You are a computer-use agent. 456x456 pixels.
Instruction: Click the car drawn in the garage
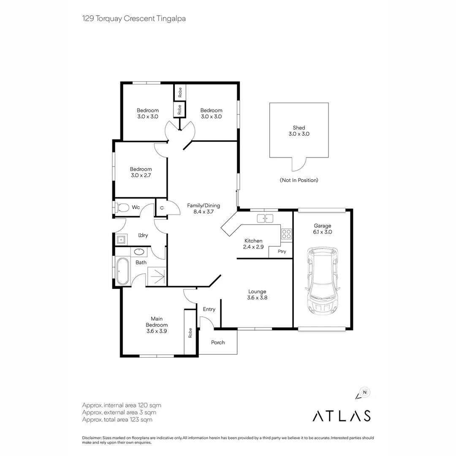323,281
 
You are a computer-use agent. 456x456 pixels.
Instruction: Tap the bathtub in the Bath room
123,271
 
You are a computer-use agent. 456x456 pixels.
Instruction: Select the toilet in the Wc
123,207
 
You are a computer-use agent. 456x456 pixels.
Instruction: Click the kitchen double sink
266,218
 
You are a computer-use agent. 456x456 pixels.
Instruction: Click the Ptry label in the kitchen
282,252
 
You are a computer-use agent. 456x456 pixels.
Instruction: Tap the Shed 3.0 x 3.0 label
299,130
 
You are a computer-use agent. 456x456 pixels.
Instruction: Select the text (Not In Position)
299,180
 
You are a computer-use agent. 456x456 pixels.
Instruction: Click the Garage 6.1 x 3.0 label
323,228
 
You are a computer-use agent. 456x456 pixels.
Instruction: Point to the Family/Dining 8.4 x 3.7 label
204,209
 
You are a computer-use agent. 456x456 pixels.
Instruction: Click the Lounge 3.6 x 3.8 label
257,294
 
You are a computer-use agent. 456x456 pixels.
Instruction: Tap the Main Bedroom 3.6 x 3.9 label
157,325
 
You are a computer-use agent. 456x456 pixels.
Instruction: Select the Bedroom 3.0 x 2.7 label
141,172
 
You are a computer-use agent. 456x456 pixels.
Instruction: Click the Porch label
218,342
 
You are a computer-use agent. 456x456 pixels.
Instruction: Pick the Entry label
209,309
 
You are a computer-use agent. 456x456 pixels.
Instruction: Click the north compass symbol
364,393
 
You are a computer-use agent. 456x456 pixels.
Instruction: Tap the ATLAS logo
341,415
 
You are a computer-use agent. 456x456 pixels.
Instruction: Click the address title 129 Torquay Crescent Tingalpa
134,19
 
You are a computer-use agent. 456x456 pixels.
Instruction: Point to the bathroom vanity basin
138,252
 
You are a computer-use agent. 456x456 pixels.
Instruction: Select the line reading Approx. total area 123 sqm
117,420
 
